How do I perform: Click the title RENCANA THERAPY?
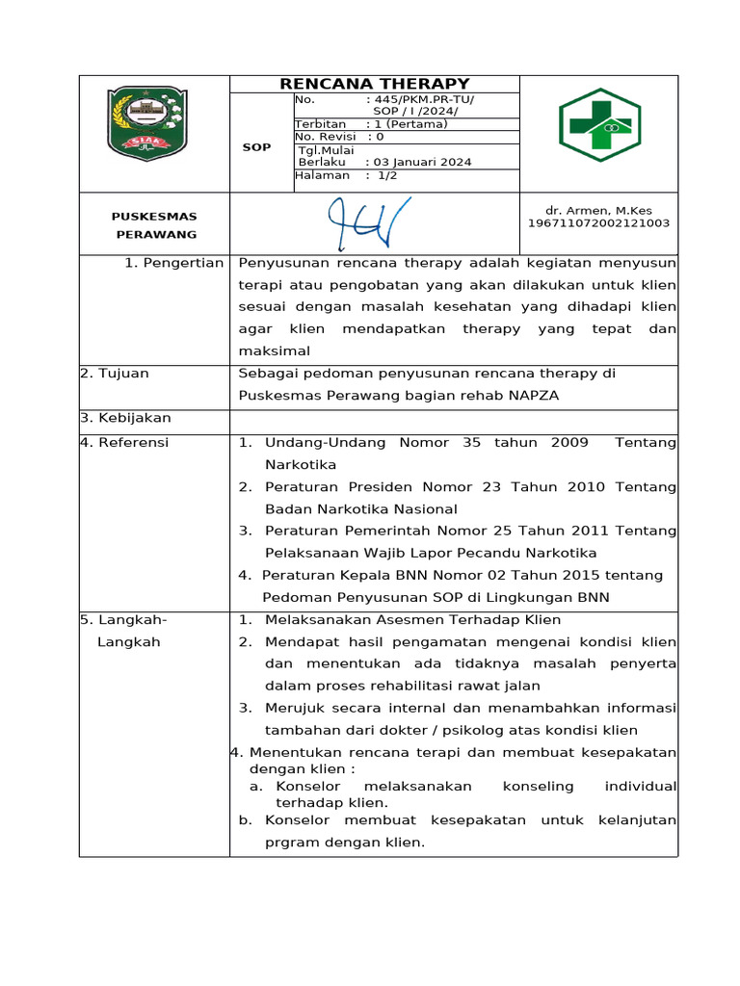(x=375, y=84)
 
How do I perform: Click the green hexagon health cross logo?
(x=599, y=125)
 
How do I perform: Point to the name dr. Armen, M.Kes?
(x=597, y=210)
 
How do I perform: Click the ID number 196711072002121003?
(x=597, y=223)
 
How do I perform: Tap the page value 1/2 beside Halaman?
(x=386, y=175)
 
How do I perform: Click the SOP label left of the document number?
(x=256, y=147)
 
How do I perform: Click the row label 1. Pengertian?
(x=173, y=263)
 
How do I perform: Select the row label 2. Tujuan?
(x=115, y=374)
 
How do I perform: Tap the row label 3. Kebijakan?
(x=125, y=418)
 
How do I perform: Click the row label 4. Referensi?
(x=124, y=442)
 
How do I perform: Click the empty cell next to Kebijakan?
(x=453, y=419)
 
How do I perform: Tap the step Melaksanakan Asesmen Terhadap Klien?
(x=412, y=620)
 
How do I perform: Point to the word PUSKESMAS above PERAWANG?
(x=154, y=217)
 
